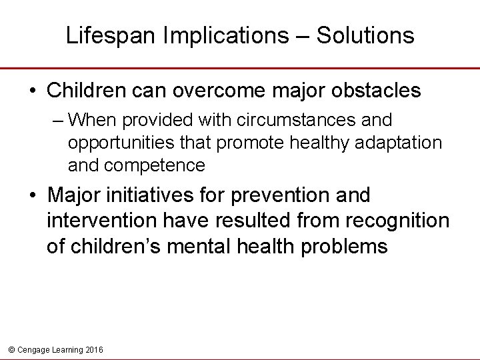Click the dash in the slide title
point(303,36)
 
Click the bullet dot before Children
point(33,91)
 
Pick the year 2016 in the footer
point(94,349)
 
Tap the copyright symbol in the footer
point(10,349)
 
